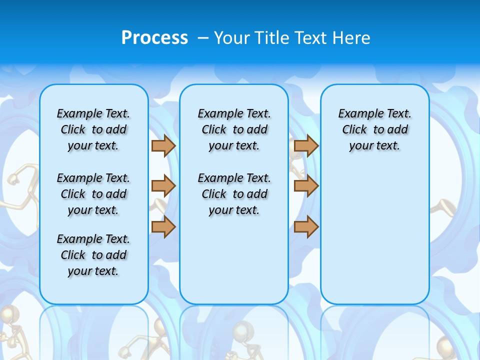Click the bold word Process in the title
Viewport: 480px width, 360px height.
(x=154, y=37)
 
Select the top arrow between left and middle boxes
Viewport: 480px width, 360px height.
(x=163, y=146)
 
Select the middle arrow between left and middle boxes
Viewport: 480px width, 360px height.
(x=163, y=186)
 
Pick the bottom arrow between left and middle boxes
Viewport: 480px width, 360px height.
(x=163, y=227)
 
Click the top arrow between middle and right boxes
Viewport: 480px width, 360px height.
(x=306, y=146)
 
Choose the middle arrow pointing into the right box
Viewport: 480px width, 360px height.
(x=306, y=186)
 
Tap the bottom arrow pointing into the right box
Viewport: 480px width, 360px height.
(x=306, y=227)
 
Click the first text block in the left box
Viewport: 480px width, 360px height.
(x=93, y=129)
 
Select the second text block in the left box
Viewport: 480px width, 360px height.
(x=93, y=194)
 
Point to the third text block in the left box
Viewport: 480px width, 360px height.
(x=93, y=255)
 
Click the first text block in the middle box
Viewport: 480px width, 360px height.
(x=234, y=129)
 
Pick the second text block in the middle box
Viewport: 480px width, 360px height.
(x=234, y=194)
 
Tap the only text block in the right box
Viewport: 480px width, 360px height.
(x=375, y=129)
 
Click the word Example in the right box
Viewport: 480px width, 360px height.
(x=357, y=114)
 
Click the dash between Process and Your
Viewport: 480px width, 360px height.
(x=203, y=37)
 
